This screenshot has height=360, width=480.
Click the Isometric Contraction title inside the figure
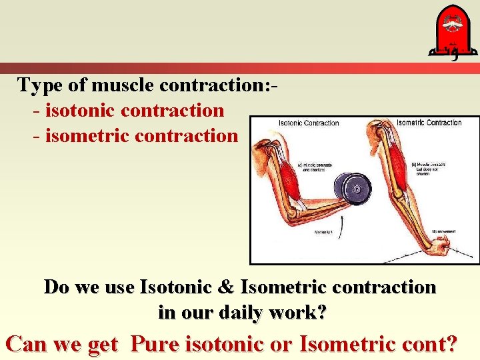pyautogui.click(x=429, y=123)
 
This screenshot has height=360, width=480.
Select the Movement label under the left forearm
pyautogui.click(x=324, y=233)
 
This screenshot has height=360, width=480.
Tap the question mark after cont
pyautogui.click(x=451, y=344)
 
